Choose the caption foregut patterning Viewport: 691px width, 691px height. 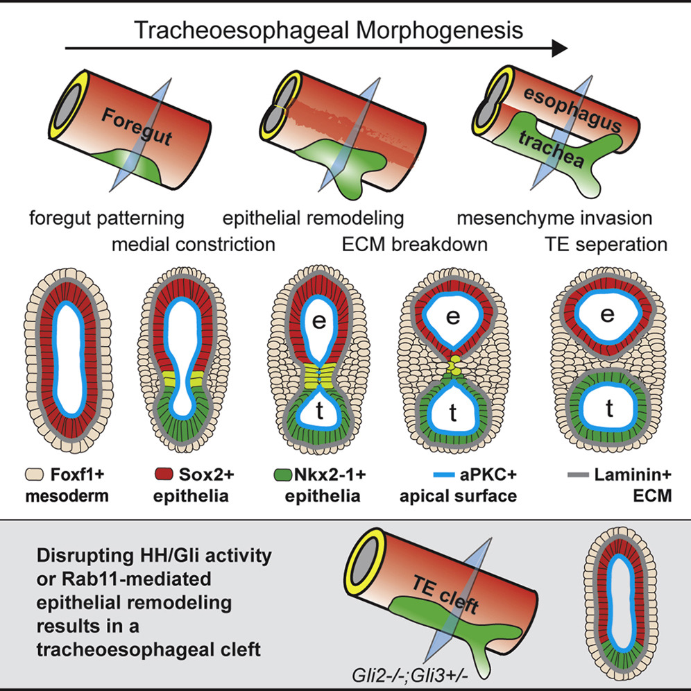[x=107, y=219]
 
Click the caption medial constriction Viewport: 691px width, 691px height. [x=194, y=245]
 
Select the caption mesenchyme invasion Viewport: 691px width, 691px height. [x=555, y=219]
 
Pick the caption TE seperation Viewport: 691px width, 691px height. [x=606, y=245]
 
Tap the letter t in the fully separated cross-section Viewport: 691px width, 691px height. [x=608, y=410]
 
